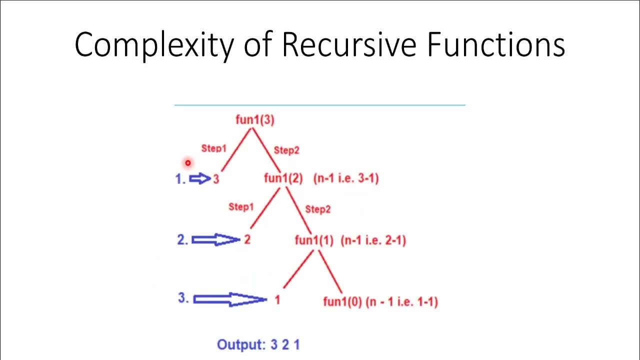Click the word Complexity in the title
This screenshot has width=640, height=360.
pos(153,45)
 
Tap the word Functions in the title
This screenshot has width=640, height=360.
pos(496,45)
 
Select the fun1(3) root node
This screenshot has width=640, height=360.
pos(255,120)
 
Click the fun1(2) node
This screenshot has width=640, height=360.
pos(283,178)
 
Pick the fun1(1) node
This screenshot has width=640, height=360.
pos(314,240)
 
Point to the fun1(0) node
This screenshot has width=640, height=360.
pos(342,302)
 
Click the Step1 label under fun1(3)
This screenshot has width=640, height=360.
pos(213,148)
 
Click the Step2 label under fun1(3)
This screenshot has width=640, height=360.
pos(286,150)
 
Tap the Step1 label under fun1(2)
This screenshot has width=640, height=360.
pos(241,207)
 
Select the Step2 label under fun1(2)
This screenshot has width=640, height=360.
pos(317,209)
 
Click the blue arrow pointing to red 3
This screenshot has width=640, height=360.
pos(200,178)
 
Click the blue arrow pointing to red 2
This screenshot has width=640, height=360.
pos(215,240)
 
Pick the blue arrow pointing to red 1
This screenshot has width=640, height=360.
pos(229,299)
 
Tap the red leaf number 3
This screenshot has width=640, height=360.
pos(216,179)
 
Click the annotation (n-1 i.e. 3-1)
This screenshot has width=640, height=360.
pos(346,178)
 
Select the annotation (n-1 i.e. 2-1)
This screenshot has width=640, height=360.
pos(373,240)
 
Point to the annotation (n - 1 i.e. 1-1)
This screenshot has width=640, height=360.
pos(401,302)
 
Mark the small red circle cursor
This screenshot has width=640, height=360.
pos(187,162)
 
